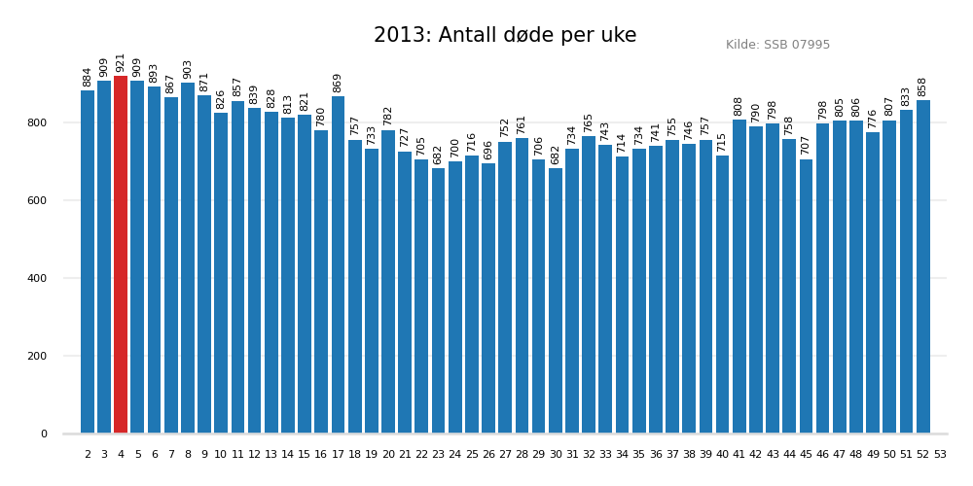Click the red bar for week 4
tap(121, 255)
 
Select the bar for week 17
tap(338, 264)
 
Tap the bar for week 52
tap(922, 266)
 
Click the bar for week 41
tap(739, 276)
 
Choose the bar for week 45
tap(806, 296)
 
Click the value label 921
tap(121, 62)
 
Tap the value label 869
tap(338, 83)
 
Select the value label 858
tap(922, 87)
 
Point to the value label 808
tap(739, 106)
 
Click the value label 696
tap(488, 150)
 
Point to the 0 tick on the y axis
tap(44, 434)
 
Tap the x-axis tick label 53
tap(940, 454)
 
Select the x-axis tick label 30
tap(556, 454)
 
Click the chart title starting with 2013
tap(505, 36)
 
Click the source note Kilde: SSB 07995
tap(777, 45)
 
